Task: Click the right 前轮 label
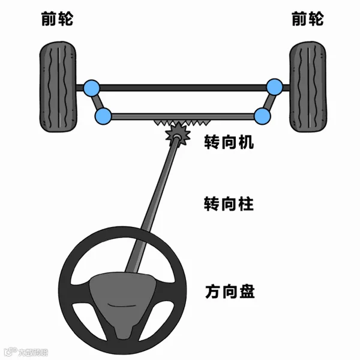tap(307, 19)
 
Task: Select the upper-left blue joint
tap(92, 88)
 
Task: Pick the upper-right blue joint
tap(274, 86)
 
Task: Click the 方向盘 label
tap(229, 292)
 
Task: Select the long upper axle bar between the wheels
tap(183, 88)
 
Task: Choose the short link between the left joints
tap(97, 102)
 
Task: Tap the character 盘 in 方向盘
tap(246, 292)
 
